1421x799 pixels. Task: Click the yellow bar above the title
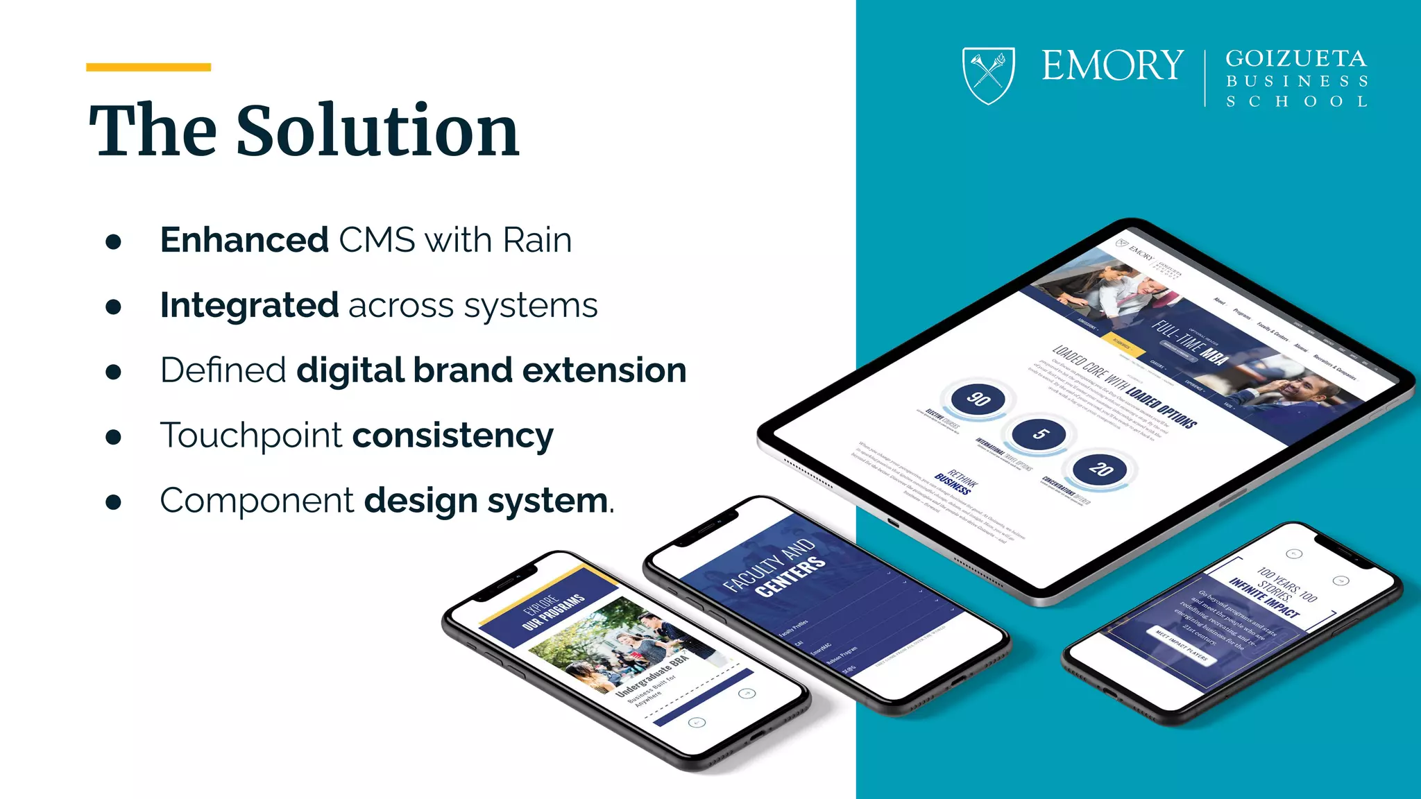pos(148,67)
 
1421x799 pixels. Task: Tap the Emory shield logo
pos(988,74)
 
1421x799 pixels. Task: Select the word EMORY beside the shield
pos(1112,66)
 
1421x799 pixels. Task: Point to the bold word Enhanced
pos(244,240)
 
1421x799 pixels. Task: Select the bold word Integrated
pos(249,305)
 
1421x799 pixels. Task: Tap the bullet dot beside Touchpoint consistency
pos(113,437)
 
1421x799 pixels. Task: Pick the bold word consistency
pos(453,436)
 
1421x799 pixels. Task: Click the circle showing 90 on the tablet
pos(978,399)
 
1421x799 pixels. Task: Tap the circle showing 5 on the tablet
pos(1039,434)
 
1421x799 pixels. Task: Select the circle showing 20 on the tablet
pos(1100,470)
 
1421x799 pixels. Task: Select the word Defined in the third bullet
pos(223,370)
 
